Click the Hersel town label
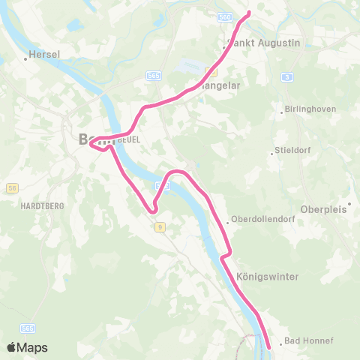pos(45,55)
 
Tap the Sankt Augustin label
pos(263,43)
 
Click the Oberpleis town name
pos(324,209)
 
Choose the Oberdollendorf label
pos(258,220)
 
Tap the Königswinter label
pos(267,277)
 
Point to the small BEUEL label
pos(130,139)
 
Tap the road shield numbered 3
pos(287,76)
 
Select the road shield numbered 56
pos(11,187)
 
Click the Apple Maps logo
pos(27,347)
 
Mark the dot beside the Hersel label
pos(25,58)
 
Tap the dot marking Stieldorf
pos(272,153)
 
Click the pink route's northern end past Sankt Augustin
pos(249,13)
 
